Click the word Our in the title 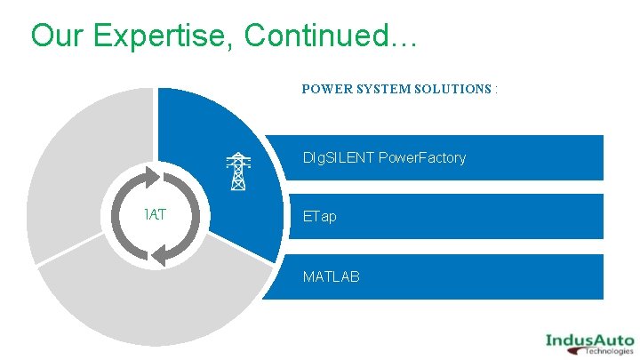tap(58, 36)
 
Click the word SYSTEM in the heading tap(383, 89)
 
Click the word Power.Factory tap(422, 158)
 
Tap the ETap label tap(320, 217)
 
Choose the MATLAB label tap(331, 276)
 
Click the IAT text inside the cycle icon tap(157, 215)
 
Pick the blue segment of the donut tap(222, 142)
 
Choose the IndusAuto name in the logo tap(589, 339)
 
